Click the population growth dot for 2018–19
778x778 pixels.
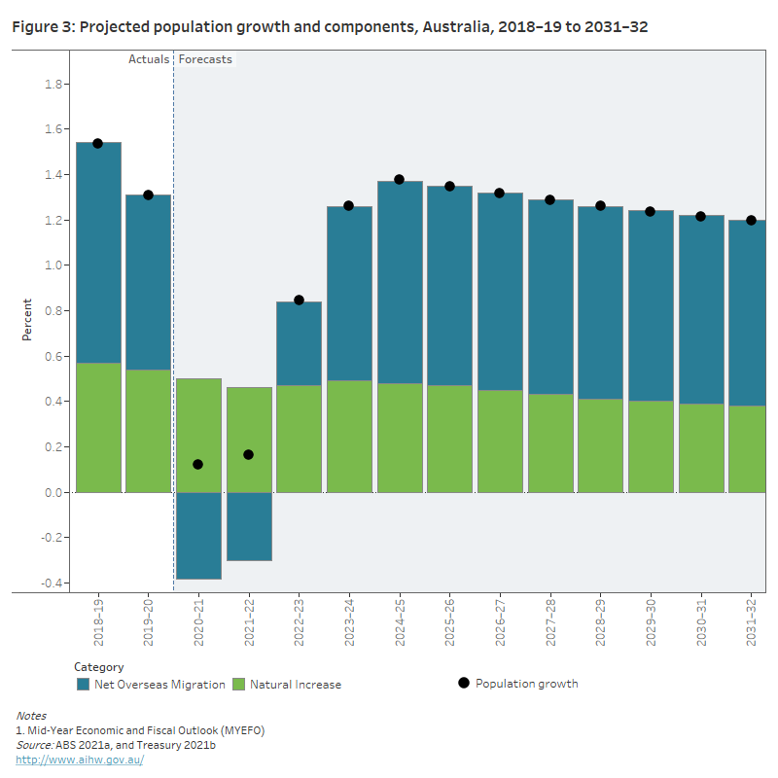tap(97, 143)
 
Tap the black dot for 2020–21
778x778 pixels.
tap(197, 465)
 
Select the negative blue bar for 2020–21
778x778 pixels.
tap(198, 535)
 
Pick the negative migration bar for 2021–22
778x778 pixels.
tap(249, 526)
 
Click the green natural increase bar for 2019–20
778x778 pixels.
tap(148, 431)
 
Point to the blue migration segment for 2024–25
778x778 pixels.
tap(400, 282)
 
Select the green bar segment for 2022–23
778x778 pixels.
tap(299, 439)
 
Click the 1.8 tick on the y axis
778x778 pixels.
tap(54, 85)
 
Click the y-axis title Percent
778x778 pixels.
tap(27, 321)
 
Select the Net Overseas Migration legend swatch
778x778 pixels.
tap(84, 685)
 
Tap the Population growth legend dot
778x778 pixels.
tap(464, 684)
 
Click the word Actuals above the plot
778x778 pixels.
tap(149, 59)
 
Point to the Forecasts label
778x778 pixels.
tap(205, 59)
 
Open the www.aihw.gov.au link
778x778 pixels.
tap(80, 760)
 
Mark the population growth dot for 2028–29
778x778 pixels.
tap(600, 206)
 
